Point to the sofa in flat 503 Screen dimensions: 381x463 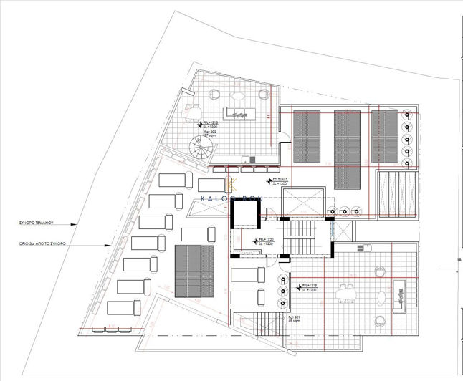[x=238, y=114]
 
